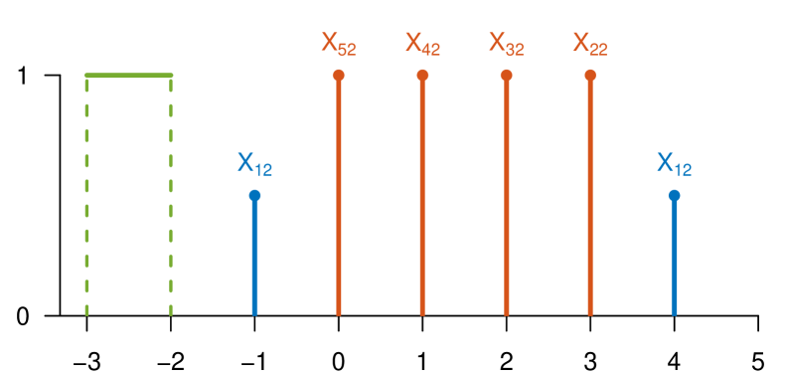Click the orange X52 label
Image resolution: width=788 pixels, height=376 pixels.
pyautogui.click(x=338, y=44)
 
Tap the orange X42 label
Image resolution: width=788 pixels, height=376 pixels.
pyautogui.click(x=422, y=44)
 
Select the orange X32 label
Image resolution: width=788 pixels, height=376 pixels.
pyautogui.click(x=506, y=44)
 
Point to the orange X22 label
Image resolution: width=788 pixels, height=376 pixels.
pyautogui.click(x=589, y=44)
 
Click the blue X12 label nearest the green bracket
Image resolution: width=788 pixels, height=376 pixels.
pyautogui.click(x=254, y=164)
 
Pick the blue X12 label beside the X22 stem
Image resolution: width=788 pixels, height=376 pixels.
pyautogui.click(x=674, y=164)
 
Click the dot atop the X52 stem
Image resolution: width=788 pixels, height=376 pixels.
pyautogui.click(x=339, y=76)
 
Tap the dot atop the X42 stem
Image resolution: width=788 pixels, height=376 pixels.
pyautogui.click(x=422, y=76)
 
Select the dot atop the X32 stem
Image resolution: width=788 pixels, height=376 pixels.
pyautogui.click(x=506, y=76)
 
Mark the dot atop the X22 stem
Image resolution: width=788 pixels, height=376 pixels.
pyautogui.click(x=590, y=76)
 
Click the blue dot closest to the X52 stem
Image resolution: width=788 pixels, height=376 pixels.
pyautogui.click(x=254, y=196)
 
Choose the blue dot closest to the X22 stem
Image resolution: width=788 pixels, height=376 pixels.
pyautogui.click(x=674, y=196)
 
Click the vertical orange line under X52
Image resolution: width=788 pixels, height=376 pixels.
pyautogui.click(x=339, y=199)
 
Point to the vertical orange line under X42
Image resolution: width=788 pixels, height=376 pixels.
pyautogui.click(x=422, y=199)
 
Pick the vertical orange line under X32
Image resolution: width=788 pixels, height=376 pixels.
pyautogui.click(x=506, y=199)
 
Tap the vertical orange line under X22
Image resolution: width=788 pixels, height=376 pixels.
pyautogui.click(x=590, y=199)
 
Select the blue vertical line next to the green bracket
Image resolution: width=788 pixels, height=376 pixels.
pyautogui.click(x=254, y=259)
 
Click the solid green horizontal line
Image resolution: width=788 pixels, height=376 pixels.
pyautogui.click(x=129, y=75)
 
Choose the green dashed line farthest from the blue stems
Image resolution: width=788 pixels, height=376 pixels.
pyautogui.click(x=87, y=199)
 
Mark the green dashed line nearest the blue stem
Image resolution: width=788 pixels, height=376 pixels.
pyautogui.click(x=171, y=199)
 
